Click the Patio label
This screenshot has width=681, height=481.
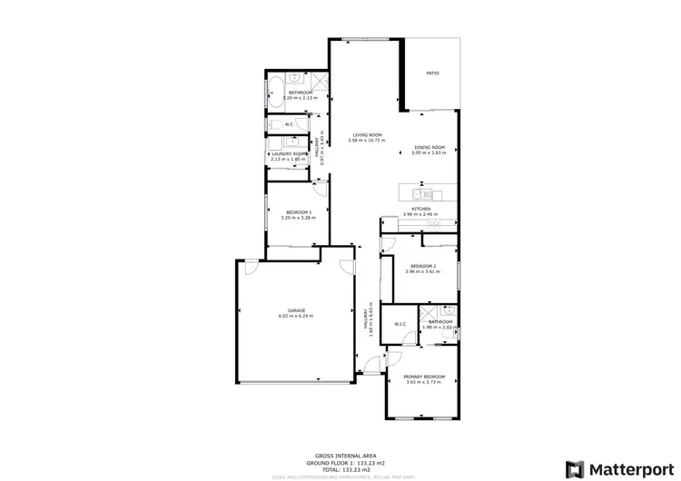(x=433, y=73)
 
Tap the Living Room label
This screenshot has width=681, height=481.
(x=367, y=135)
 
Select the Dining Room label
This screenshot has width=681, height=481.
(x=429, y=147)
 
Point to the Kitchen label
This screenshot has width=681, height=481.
(x=420, y=209)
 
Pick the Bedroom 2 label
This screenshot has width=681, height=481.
(x=423, y=265)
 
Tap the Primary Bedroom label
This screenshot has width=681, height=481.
(x=424, y=377)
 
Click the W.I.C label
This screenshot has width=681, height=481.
(x=400, y=324)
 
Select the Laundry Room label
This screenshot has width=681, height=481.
(x=290, y=153)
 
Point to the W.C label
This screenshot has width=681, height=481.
(x=289, y=124)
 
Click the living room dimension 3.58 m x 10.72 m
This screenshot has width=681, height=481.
(x=367, y=141)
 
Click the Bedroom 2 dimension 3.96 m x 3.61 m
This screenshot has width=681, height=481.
(x=423, y=271)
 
